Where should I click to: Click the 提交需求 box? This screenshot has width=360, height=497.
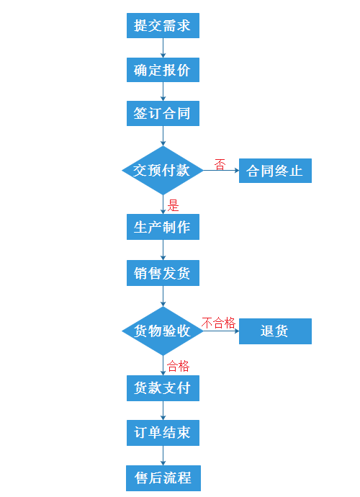coord(163,25)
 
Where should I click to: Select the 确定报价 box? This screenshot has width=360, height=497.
coord(163,70)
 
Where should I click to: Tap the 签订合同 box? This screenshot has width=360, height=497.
coord(163,114)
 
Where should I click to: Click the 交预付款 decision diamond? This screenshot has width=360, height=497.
coord(163,170)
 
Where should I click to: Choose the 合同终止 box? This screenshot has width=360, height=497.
coord(275,171)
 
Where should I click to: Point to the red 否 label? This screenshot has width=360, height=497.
coord(220,165)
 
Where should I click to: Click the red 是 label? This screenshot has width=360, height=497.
coord(173,205)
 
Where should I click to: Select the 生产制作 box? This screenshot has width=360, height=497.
coord(163,227)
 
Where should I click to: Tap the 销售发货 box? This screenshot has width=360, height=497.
coord(163,273)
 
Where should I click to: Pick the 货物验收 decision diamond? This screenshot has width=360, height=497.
coord(163,331)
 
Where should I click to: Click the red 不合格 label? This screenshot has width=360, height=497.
coord(218,323)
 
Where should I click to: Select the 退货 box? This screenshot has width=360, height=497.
coord(275,331)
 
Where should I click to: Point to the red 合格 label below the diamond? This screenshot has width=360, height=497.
coord(178,366)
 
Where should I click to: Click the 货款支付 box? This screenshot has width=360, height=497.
coord(163,388)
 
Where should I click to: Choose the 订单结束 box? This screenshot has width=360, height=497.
coord(163,433)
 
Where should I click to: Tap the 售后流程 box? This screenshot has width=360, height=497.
coord(163,478)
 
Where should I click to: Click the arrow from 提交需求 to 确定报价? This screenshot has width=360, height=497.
coord(163,48)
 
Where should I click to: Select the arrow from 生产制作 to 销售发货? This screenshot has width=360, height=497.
coord(163,250)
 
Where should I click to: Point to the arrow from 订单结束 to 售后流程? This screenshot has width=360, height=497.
coord(163,455)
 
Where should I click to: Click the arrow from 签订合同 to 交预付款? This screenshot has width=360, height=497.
coord(163,135)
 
